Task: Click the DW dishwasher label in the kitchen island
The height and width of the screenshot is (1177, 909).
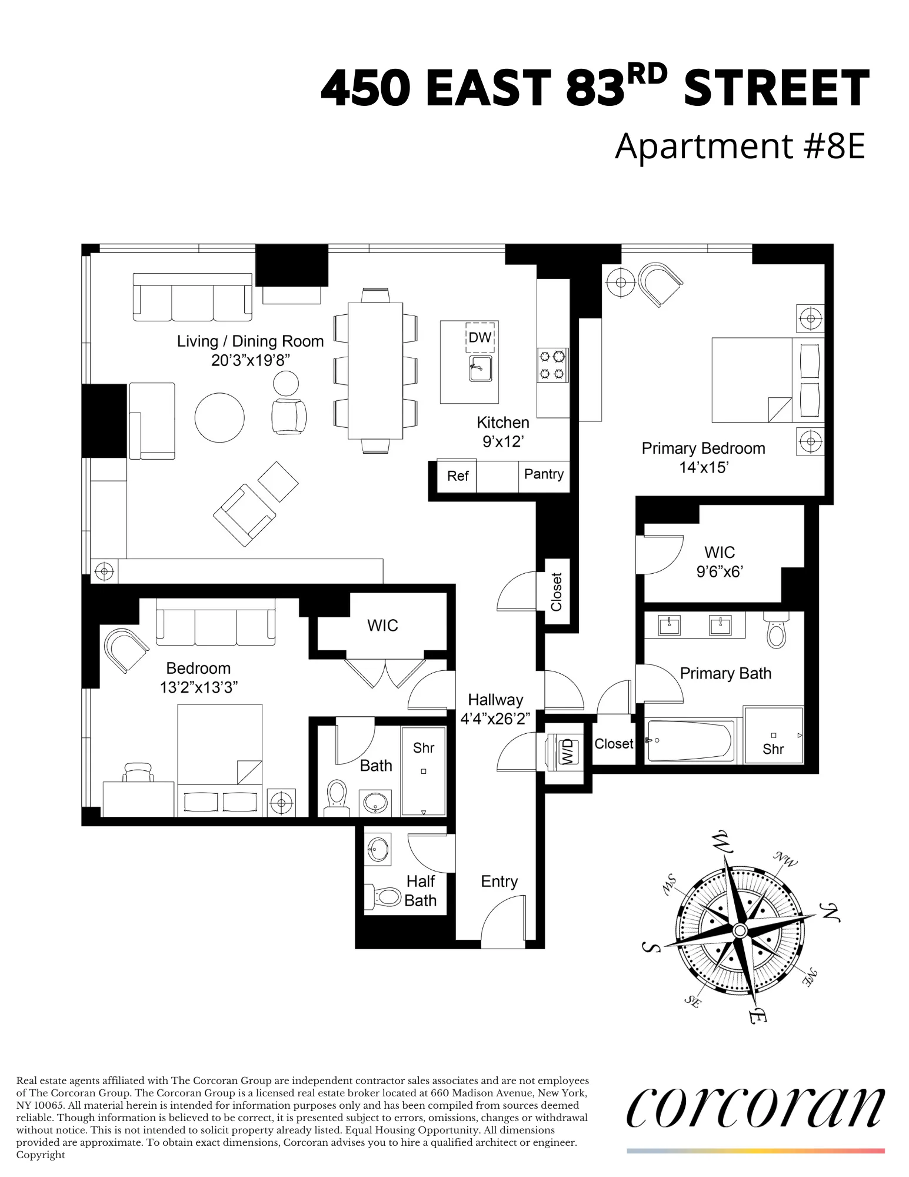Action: click(x=480, y=337)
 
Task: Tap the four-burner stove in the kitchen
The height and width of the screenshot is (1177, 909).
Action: click(x=552, y=364)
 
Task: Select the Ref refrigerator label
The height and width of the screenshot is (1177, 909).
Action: click(x=458, y=476)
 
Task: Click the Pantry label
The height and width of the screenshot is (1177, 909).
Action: click(x=544, y=474)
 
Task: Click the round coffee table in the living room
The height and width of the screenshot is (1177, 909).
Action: click(x=219, y=417)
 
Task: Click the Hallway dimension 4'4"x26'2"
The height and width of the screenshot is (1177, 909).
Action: click(x=495, y=719)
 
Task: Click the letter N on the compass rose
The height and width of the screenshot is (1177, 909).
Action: click(x=830, y=912)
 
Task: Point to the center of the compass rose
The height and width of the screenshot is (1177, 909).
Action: click(x=740, y=930)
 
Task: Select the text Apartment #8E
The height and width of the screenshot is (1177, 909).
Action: click(x=740, y=146)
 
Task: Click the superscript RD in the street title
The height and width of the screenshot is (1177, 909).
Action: click(x=647, y=75)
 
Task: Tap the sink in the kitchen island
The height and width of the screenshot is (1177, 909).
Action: click(x=481, y=368)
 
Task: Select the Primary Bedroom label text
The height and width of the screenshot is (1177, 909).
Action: click(x=703, y=448)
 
